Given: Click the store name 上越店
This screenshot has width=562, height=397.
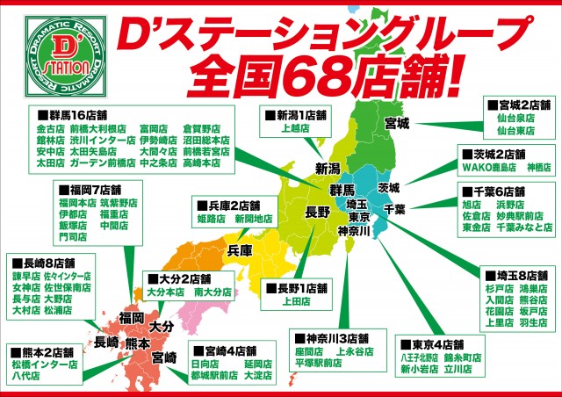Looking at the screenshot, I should [x=296, y=127].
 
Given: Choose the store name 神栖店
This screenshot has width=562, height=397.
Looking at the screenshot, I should [x=538, y=166].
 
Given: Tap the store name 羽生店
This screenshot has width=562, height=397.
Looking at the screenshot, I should [x=534, y=321].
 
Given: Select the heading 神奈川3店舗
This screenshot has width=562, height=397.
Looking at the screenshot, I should [x=336, y=337].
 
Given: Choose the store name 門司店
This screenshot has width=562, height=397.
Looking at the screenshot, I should [x=73, y=236].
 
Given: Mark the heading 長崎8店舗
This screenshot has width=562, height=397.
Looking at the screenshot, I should [x=46, y=261].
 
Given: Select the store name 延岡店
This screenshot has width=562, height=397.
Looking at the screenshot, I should [x=257, y=363].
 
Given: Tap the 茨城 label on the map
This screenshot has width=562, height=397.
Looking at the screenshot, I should [x=388, y=187].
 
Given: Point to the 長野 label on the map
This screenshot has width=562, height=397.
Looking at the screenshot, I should [x=317, y=212].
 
